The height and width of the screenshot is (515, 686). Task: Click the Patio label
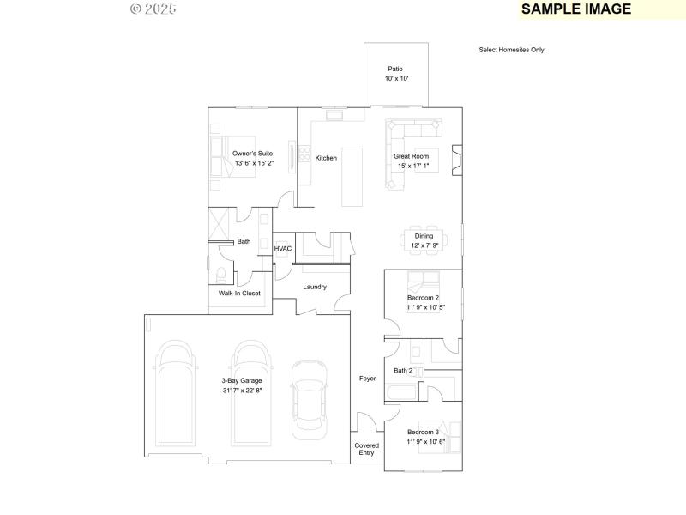click(x=395, y=69)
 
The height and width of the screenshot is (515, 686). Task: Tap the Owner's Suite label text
click(x=253, y=153)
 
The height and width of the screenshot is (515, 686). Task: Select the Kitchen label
click(x=326, y=158)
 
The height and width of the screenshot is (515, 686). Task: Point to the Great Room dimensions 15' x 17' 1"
click(x=411, y=166)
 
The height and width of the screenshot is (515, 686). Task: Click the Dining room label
click(x=424, y=236)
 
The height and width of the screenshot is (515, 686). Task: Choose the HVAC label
click(x=283, y=249)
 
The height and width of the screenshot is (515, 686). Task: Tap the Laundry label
click(x=315, y=287)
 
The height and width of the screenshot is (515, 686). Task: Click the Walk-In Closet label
click(x=239, y=294)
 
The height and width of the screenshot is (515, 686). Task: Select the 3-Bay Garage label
click(x=242, y=380)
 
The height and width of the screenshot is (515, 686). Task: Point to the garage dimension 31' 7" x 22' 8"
click(x=242, y=391)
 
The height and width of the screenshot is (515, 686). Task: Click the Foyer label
click(x=367, y=378)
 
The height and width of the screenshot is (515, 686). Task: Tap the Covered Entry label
click(x=366, y=449)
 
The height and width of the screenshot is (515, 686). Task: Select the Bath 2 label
click(x=403, y=371)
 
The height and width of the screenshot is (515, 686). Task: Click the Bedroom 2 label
click(x=423, y=297)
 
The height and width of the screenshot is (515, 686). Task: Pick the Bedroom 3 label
click(x=423, y=432)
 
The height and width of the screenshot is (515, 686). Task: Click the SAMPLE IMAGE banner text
click(x=576, y=9)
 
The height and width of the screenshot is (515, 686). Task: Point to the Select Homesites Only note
click(x=511, y=50)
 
